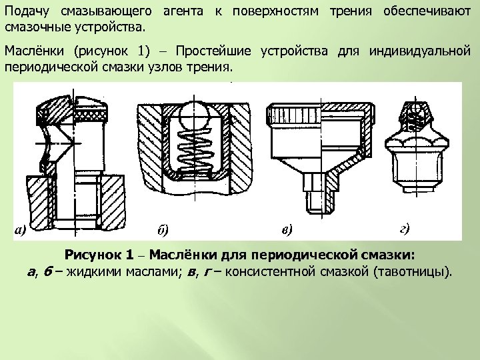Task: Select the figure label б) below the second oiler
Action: pos(163,231)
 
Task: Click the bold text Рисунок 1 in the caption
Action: pos(102,255)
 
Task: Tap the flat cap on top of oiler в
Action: pos(318,108)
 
